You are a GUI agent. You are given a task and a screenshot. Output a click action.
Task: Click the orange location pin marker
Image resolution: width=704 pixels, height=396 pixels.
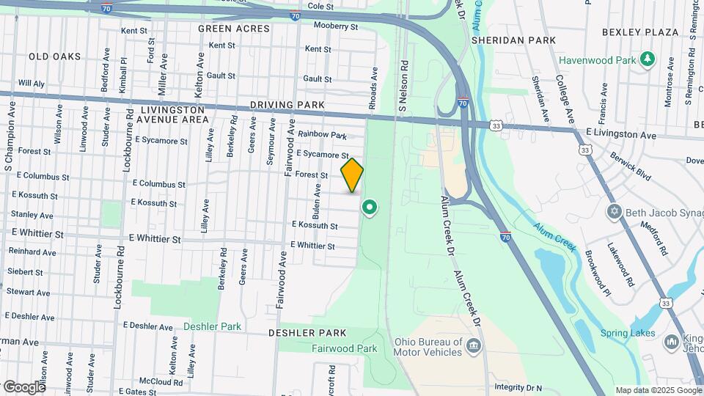tap(352, 175)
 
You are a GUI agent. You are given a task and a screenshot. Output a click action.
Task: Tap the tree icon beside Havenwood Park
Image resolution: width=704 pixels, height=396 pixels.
tap(648, 59)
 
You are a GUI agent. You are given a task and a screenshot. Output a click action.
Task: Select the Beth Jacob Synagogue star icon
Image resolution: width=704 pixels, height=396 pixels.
tap(615, 213)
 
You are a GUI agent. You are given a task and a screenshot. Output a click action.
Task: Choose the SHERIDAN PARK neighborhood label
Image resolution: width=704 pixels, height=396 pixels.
tap(513, 40)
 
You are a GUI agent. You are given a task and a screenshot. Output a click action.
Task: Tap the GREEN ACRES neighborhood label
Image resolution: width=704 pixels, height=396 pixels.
tap(234, 29)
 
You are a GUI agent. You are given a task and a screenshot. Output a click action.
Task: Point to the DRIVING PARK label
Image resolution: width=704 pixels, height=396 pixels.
tap(287, 106)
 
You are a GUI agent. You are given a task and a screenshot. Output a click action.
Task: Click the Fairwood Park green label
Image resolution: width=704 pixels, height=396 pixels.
tap(338, 349)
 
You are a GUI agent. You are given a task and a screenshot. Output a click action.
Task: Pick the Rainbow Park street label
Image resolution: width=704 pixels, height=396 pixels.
tap(323, 136)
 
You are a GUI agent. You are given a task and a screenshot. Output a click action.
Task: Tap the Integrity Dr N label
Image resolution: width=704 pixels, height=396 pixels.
tap(518, 387)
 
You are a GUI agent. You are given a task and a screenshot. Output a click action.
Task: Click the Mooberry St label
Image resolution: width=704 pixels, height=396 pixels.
tap(335, 26)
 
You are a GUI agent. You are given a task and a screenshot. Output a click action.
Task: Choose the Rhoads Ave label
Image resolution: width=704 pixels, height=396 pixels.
tap(373, 89)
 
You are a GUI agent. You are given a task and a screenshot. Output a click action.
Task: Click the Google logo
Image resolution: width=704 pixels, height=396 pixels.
tap(23, 386)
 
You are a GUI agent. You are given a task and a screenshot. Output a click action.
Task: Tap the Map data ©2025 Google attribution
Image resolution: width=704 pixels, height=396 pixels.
tap(658, 390)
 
